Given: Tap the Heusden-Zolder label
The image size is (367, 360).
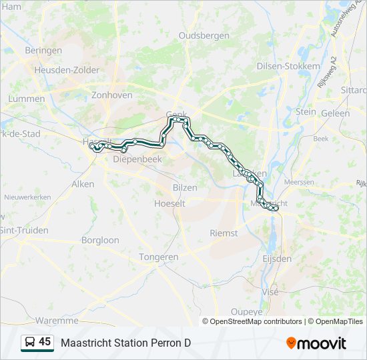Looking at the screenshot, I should click(67, 70).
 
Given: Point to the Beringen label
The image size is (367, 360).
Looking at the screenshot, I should click(43, 51).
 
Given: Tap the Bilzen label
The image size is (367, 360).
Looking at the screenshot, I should click(185, 188).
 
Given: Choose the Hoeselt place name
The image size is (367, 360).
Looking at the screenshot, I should click(169, 203).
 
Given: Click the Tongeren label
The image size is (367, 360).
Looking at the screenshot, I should click(159, 257).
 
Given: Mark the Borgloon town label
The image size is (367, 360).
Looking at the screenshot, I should click(101, 240).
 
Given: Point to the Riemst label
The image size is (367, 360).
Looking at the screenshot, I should click(224, 233).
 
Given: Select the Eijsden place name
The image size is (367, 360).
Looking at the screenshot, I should click(277, 258).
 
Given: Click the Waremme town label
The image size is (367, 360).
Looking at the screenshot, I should click(57, 321).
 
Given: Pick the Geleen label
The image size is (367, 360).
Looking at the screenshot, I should click(335, 113).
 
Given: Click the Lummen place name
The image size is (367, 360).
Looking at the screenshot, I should click(27, 99).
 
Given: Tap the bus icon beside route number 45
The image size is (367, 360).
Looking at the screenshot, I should click(30, 343).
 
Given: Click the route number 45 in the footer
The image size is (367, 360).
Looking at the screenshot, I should click(45, 342).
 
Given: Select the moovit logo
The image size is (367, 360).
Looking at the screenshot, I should click(316, 343).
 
